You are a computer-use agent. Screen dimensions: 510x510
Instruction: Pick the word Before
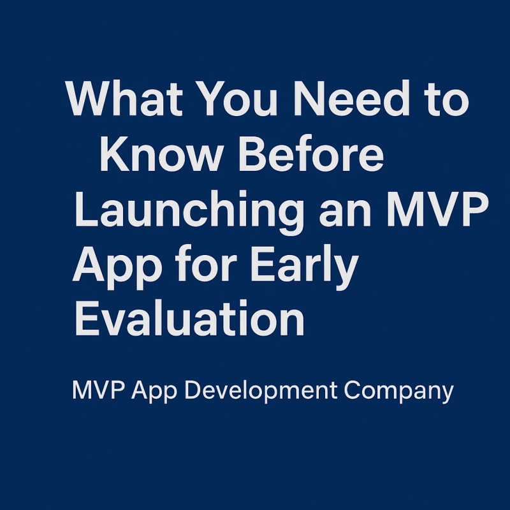click(x=310, y=156)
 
